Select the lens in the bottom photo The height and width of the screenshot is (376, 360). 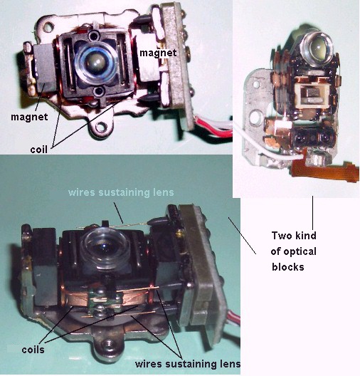[104, 247]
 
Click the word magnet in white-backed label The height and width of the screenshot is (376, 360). [158, 53]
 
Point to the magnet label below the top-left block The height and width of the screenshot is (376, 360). [29, 117]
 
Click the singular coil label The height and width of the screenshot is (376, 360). [38, 150]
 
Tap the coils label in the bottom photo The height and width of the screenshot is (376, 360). [33, 350]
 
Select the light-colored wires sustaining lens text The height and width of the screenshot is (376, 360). [121, 192]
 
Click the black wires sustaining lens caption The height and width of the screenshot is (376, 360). [188, 363]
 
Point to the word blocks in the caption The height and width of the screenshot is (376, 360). [288, 267]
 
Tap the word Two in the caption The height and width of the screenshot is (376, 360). [281, 236]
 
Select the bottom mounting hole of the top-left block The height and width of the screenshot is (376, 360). [102, 126]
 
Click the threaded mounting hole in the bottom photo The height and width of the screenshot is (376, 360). [106, 345]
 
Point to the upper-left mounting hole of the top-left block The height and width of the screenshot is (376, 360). [48, 26]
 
